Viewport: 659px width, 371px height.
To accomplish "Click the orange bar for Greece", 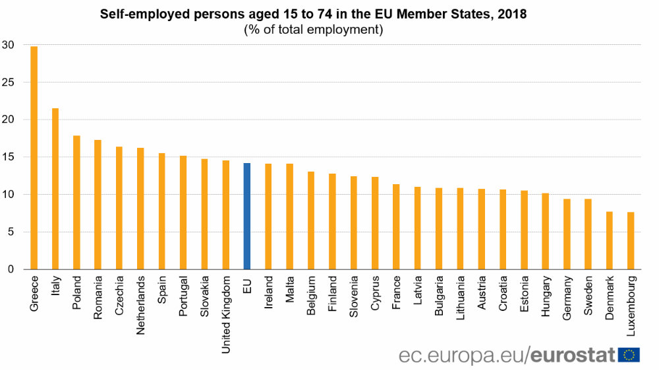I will click(x=34, y=158).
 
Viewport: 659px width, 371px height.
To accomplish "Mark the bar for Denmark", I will click(x=610, y=240).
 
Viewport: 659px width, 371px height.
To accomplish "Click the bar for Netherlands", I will click(x=140, y=208).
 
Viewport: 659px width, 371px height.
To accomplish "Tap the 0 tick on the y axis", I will click(x=10, y=269).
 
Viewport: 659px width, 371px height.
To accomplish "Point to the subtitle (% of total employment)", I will click(x=313, y=29).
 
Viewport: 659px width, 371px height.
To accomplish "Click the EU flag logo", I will click(x=629, y=354).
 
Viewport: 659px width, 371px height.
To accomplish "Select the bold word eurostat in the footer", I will click(x=573, y=354).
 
